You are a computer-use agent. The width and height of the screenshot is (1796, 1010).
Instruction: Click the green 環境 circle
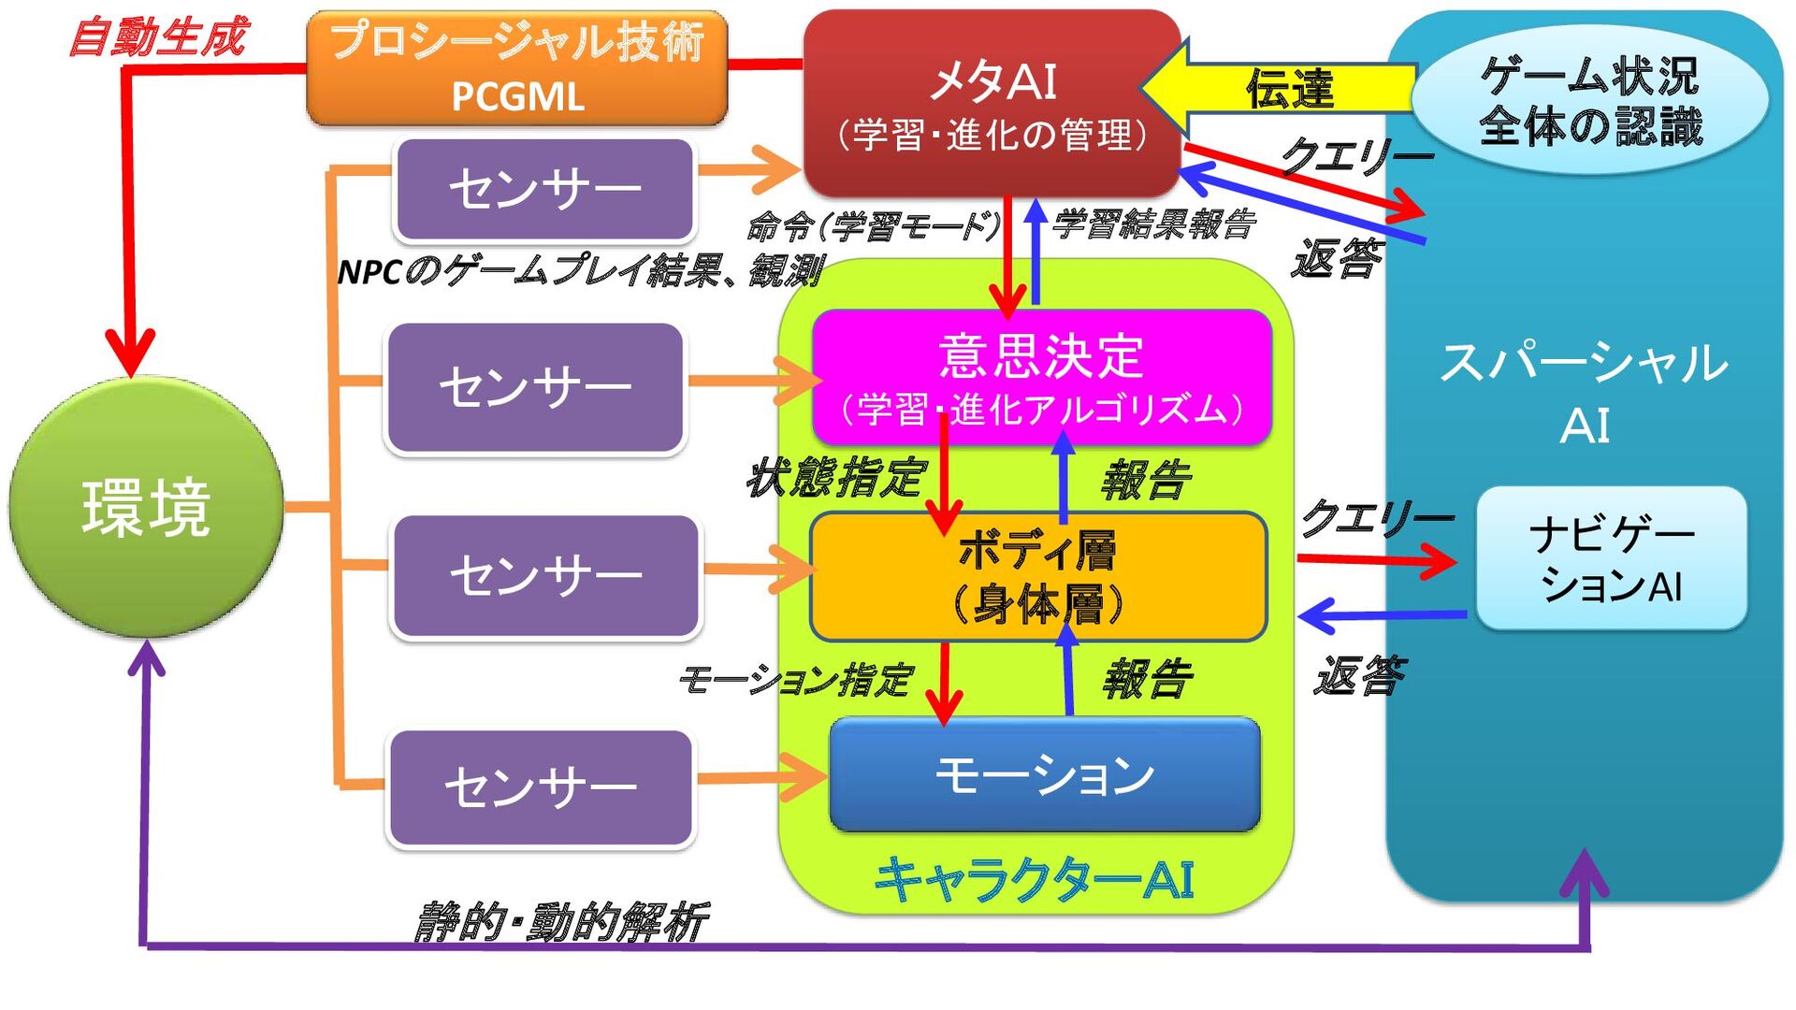[x=146, y=508]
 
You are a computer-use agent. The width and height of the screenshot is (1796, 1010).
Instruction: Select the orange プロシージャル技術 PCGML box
[x=517, y=68]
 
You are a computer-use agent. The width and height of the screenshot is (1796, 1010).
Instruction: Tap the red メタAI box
[x=992, y=104]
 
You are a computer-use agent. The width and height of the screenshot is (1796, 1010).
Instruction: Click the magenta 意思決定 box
[x=1042, y=378]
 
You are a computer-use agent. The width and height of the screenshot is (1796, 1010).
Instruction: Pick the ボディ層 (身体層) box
[x=1038, y=576]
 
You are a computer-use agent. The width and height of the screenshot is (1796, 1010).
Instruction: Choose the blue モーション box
[x=1045, y=774]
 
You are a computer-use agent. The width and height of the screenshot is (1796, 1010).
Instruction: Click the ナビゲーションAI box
[x=1612, y=559]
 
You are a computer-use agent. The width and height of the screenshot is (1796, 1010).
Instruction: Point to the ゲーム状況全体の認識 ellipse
[x=1590, y=100]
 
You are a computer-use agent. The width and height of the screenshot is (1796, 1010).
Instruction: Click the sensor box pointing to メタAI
[x=545, y=189]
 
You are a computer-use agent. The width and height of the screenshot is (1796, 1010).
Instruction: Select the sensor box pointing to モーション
[x=541, y=787]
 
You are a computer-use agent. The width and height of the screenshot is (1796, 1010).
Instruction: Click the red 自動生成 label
[x=157, y=37]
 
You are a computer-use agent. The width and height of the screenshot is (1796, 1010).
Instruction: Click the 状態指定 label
[x=835, y=478]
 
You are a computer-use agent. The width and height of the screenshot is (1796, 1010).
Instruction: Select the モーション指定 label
[x=795, y=680]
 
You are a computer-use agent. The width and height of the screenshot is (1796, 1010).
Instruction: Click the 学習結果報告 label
[x=1152, y=224]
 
